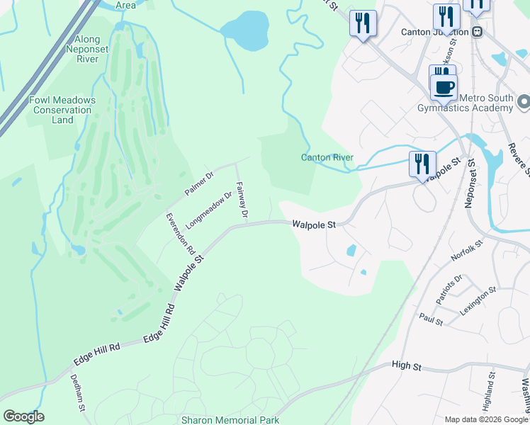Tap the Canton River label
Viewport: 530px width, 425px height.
[327, 157]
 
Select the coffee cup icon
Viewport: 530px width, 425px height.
[444, 88]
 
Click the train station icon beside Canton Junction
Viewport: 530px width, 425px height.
[478, 32]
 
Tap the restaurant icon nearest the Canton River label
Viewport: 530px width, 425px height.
[422, 164]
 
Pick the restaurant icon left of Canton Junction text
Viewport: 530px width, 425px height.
[363, 23]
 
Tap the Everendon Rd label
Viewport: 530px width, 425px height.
[180, 233]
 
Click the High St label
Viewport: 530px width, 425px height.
[407, 367]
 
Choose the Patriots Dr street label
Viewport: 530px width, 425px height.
[449, 289]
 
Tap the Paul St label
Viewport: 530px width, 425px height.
[430, 320]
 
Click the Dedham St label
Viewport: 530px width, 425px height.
[78, 394]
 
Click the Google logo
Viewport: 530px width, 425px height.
[23, 416]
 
